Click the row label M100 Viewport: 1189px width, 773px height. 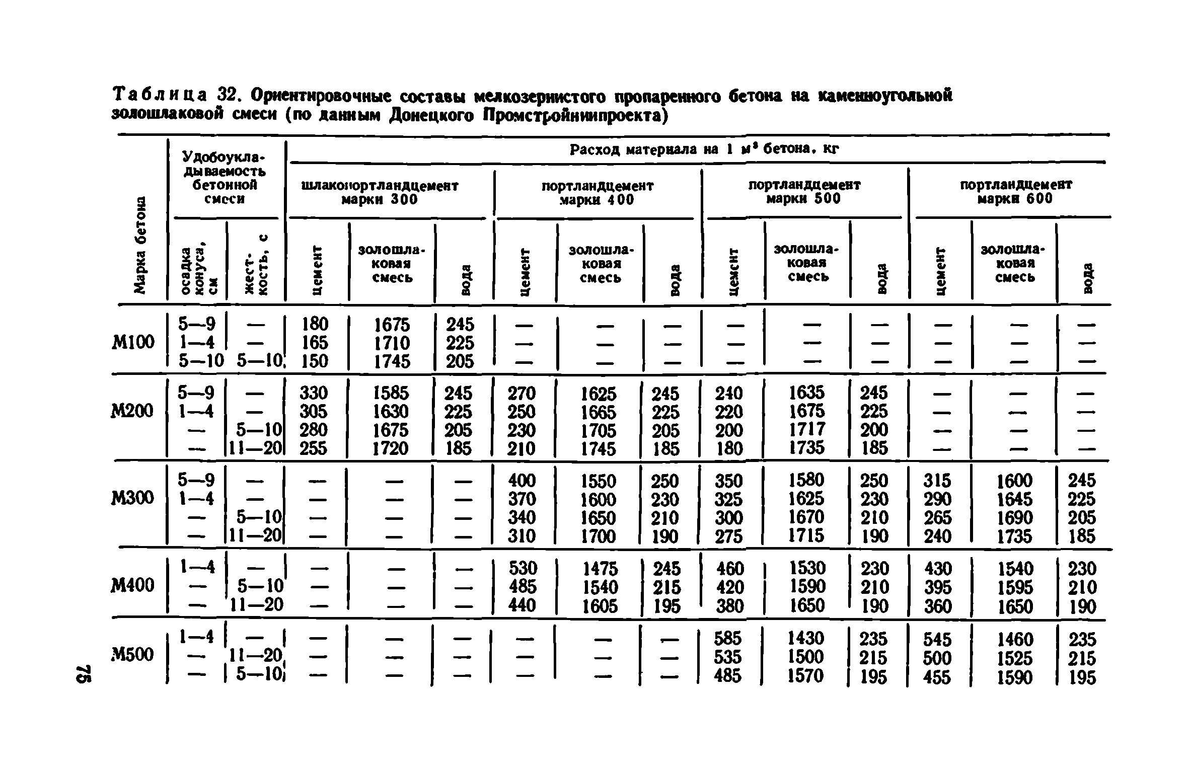coord(132,343)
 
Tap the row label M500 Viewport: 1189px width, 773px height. coord(132,655)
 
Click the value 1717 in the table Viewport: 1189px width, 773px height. coord(807,429)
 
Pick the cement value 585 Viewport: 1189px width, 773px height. coord(728,639)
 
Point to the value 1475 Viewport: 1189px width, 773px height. coord(600,569)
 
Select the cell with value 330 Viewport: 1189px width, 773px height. coord(313,393)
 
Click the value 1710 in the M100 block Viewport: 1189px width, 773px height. coord(392,343)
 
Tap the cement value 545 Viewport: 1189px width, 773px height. coord(937,640)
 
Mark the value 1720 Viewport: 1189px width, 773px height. coord(390,448)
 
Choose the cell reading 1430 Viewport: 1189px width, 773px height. coord(806,639)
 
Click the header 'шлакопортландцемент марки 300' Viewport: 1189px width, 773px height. coord(380,193)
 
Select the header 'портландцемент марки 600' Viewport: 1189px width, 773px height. coord(1016,192)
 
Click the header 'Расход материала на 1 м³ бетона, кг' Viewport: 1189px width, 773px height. coord(705,149)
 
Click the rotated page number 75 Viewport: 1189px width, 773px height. coord(84,674)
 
